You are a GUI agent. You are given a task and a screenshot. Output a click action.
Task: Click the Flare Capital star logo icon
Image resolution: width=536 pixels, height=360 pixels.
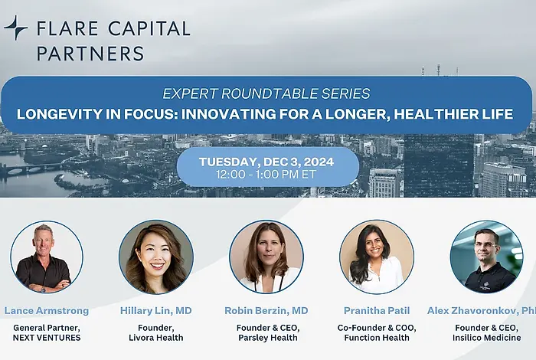tap(16, 28)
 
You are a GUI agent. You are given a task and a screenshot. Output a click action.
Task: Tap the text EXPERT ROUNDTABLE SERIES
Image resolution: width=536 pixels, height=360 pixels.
tap(266, 94)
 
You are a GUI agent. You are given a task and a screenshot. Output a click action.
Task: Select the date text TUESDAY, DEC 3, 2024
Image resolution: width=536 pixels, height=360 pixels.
tap(267, 162)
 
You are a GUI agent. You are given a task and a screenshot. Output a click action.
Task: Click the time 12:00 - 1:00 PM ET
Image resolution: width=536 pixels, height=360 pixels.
tap(267, 175)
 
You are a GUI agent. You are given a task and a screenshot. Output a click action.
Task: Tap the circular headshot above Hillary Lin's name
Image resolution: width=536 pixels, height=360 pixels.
tap(155, 257)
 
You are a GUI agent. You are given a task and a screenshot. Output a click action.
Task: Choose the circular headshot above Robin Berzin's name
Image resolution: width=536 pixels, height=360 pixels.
tap(266, 257)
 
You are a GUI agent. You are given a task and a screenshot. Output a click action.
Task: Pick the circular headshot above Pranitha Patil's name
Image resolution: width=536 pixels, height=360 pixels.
tap(377, 257)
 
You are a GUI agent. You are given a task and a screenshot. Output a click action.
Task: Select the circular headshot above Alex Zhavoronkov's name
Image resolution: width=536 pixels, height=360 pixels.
tap(486, 257)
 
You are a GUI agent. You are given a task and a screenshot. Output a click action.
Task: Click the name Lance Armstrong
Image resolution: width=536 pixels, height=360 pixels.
tap(47, 311)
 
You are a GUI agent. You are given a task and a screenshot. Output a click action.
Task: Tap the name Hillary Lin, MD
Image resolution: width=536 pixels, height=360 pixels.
tap(155, 311)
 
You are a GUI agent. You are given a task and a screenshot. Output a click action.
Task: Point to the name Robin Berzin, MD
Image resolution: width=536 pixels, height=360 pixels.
tap(266, 311)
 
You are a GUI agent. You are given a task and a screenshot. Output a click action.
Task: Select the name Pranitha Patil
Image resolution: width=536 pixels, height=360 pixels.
tap(377, 311)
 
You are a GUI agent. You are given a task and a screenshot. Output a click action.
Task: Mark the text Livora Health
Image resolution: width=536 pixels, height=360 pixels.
tap(155, 338)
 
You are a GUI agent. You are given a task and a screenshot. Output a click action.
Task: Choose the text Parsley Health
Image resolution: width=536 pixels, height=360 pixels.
tap(266, 338)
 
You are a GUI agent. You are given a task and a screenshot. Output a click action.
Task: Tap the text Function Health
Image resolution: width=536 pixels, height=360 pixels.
tap(377, 338)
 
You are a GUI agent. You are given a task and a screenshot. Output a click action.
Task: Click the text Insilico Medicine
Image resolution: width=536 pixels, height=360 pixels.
tap(486, 338)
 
